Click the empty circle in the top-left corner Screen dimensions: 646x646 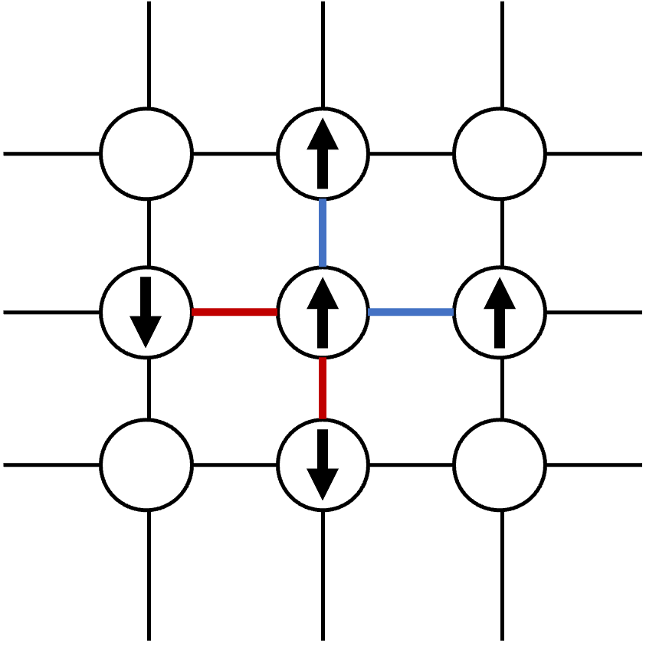pyautogui.click(x=146, y=153)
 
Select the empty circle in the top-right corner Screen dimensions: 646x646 pyautogui.click(x=500, y=153)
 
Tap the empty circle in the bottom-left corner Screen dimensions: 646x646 pyautogui.click(x=146, y=464)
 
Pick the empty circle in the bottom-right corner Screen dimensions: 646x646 pyautogui.click(x=500, y=464)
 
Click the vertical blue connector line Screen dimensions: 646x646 pyautogui.click(x=323, y=232)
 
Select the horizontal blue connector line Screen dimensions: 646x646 pyautogui.click(x=411, y=312)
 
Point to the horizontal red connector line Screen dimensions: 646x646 pyautogui.click(x=234, y=312)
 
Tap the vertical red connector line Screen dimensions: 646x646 pyautogui.click(x=323, y=388)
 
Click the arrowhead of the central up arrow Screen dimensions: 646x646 pyautogui.click(x=323, y=294)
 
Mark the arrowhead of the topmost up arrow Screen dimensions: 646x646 pyautogui.click(x=323, y=136)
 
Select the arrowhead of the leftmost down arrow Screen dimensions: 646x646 pyautogui.click(x=146, y=330)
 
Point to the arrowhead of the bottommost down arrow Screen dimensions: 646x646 pyautogui.click(x=323, y=483)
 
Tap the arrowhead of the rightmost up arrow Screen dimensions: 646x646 pyautogui.click(x=500, y=294)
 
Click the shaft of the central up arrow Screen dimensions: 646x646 pyautogui.click(x=323, y=328)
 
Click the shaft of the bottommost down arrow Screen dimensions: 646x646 pyautogui.click(x=323, y=449)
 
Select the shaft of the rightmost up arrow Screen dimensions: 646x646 pyautogui.click(x=500, y=328)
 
